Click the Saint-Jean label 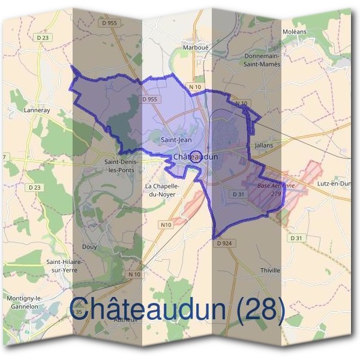click(x=176, y=140)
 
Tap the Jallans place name click(x=263, y=146)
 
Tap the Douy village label click(x=89, y=247)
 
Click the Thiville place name click(x=270, y=271)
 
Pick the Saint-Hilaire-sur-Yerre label click(x=65, y=266)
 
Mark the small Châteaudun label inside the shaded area click(x=195, y=157)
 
